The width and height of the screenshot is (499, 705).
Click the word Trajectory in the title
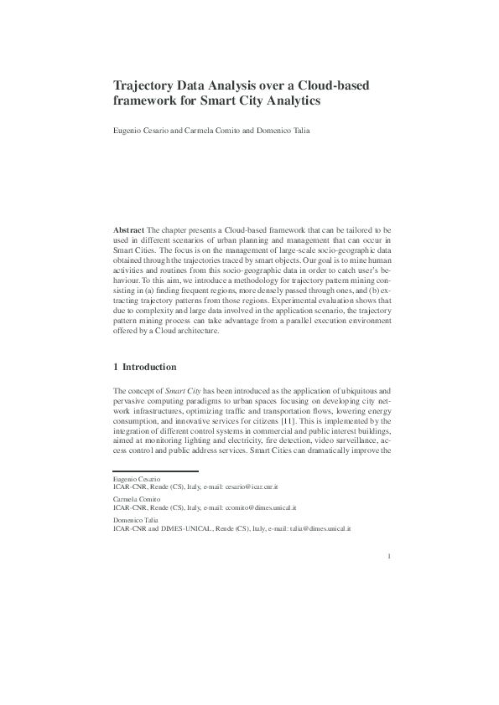(145, 85)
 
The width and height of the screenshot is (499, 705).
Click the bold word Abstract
(128, 229)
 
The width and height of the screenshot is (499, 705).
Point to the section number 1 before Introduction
(116, 366)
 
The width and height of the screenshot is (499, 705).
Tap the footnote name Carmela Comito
(134, 499)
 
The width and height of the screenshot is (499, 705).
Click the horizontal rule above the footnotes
(155, 470)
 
